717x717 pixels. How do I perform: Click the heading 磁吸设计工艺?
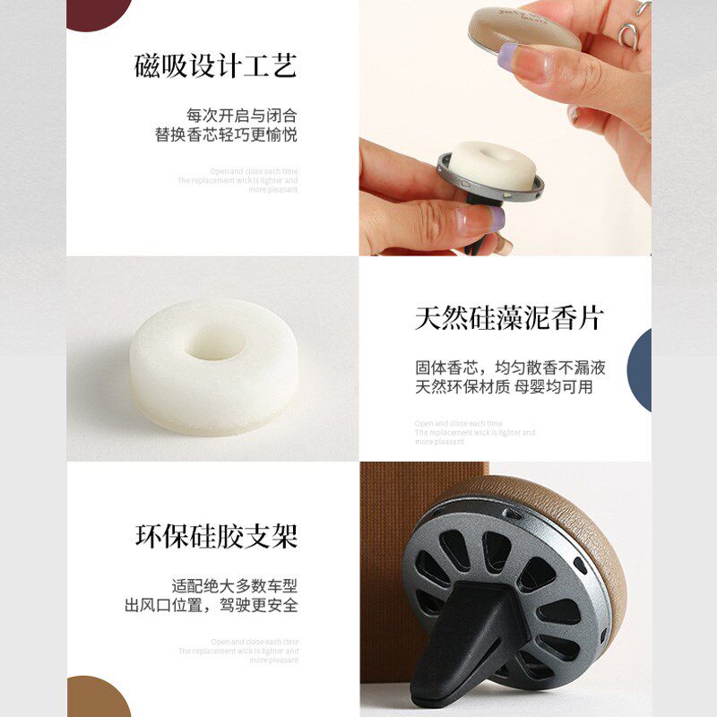point(215,65)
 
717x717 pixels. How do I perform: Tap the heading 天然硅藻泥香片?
point(509,317)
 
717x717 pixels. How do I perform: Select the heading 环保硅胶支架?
point(216,536)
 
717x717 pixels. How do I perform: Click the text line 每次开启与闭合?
point(241,116)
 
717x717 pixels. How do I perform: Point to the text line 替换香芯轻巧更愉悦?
point(226,135)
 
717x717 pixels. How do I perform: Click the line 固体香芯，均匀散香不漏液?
point(510,367)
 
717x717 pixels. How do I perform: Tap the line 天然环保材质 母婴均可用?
point(504,387)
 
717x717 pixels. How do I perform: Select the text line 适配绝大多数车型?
point(234,586)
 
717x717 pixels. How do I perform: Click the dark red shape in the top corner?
point(99,12)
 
